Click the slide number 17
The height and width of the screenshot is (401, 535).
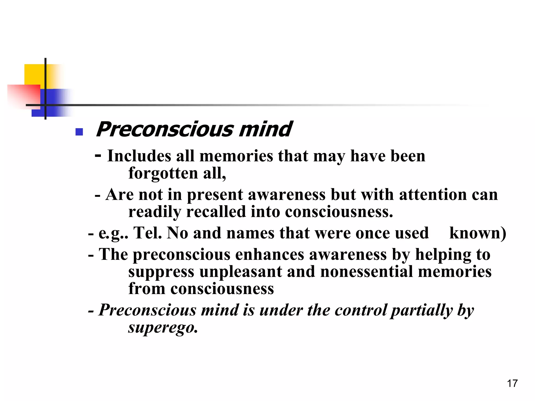[x=512, y=384]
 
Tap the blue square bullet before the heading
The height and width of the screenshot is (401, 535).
[x=79, y=132]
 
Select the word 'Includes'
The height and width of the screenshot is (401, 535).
[x=139, y=156]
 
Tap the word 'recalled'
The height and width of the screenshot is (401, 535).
[x=216, y=212]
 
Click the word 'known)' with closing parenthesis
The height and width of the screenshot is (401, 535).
[x=478, y=233]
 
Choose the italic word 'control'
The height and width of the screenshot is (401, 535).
[x=360, y=310]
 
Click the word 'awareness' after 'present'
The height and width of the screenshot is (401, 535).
[x=287, y=195]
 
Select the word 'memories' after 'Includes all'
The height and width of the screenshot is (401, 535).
[x=236, y=156]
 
